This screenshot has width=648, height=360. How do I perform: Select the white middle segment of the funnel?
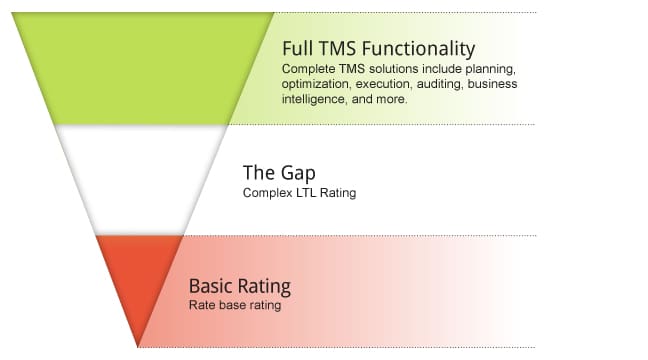141,180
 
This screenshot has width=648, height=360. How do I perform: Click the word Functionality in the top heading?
419,50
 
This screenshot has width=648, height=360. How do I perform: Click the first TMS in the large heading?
337,48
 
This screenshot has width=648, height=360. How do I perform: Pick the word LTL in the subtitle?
306,193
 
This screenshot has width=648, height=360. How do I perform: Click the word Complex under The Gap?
268,193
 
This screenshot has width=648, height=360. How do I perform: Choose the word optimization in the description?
315,84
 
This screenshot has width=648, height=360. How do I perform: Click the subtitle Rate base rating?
235,305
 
